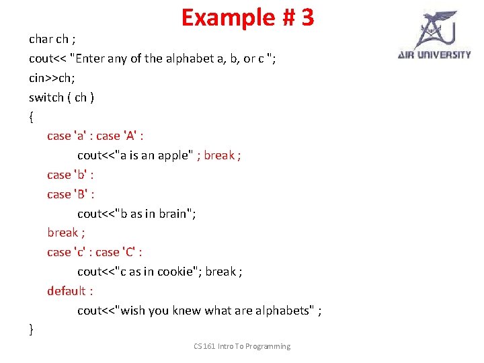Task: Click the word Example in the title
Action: coord(228,17)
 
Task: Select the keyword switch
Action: coord(46,97)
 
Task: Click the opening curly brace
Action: coord(31,116)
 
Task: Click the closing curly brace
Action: coord(31,329)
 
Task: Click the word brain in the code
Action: coord(173,214)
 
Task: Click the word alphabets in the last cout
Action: coord(285,311)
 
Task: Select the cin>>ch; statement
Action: coord(52,78)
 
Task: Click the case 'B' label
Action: coord(70,194)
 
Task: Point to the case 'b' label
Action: coord(70,175)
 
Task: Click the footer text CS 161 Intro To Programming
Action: coord(242,346)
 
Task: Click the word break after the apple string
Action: coord(219,155)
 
